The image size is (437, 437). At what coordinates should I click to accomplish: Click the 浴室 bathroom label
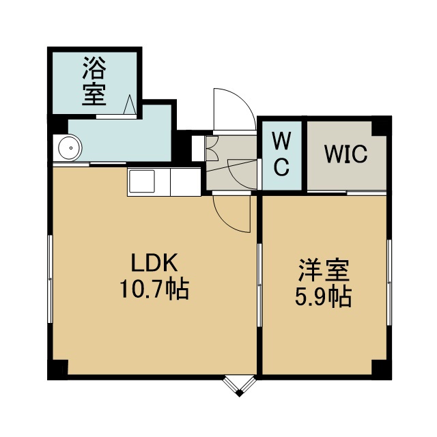[x=94, y=81]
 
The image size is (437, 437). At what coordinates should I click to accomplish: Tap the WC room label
[x=281, y=154]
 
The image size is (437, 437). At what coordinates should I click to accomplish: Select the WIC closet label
[x=346, y=154]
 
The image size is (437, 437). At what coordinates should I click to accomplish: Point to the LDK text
[x=154, y=262]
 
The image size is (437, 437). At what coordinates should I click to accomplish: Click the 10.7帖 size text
[x=155, y=289]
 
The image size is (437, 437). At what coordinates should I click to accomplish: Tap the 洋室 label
[x=324, y=270]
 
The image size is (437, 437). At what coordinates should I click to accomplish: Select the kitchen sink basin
[x=142, y=181]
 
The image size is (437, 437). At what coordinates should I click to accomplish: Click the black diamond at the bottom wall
[x=240, y=393]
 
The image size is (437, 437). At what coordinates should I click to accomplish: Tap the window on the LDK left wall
[x=50, y=279]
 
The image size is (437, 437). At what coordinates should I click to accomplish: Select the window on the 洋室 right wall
[x=389, y=282]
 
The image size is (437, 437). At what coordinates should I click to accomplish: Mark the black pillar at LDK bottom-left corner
[x=57, y=369]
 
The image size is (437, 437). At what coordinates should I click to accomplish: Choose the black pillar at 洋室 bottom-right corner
[x=382, y=369]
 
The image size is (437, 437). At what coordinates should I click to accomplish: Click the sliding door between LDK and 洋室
[x=259, y=285]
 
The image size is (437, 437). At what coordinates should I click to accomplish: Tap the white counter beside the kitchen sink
[x=185, y=182]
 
